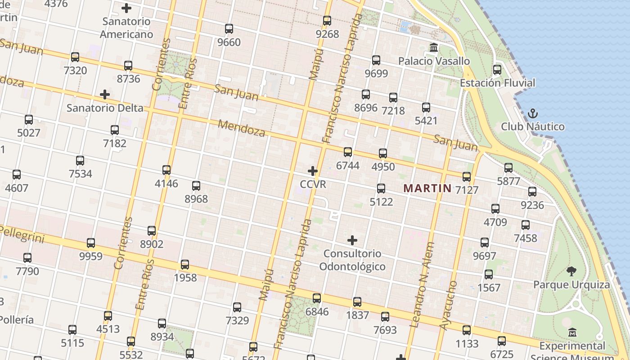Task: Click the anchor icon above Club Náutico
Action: pos(533,113)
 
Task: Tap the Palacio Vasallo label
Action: pos(434,61)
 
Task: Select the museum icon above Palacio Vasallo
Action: pos(434,47)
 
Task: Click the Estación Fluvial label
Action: pos(497,83)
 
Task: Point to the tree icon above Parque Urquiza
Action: pos(571,271)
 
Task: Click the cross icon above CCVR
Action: pos(313,171)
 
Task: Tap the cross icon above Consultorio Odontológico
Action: pos(352,240)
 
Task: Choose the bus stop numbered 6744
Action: pos(348,152)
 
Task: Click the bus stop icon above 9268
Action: pos(327,20)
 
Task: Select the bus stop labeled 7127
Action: pos(467,176)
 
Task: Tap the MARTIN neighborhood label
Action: pos(427,188)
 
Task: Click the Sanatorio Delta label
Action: pos(105,108)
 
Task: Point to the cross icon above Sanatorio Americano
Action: pos(126,8)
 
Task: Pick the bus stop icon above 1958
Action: pos(185,264)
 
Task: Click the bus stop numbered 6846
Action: pos(317,298)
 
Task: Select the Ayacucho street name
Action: pos(448,311)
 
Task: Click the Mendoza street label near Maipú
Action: pos(242,128)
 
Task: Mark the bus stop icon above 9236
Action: pos(532,192)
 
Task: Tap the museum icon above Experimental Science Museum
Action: pos(572,333)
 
